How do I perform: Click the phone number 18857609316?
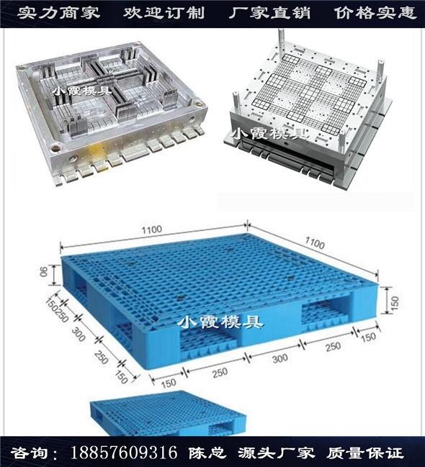123,453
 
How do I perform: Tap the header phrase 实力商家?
58,13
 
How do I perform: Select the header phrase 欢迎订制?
164,13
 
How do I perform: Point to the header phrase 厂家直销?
269,13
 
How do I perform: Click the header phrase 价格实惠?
375,13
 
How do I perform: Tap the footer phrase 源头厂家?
276,453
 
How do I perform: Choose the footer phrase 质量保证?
364,453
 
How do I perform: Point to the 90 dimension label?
44,271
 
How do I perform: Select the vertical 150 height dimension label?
394,303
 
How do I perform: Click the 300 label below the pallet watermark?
280,358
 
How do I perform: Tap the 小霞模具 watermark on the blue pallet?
220,322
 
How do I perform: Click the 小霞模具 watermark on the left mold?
82,90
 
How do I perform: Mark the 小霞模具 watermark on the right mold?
270,134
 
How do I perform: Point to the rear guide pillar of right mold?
281,42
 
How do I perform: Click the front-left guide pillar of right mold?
236,104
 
